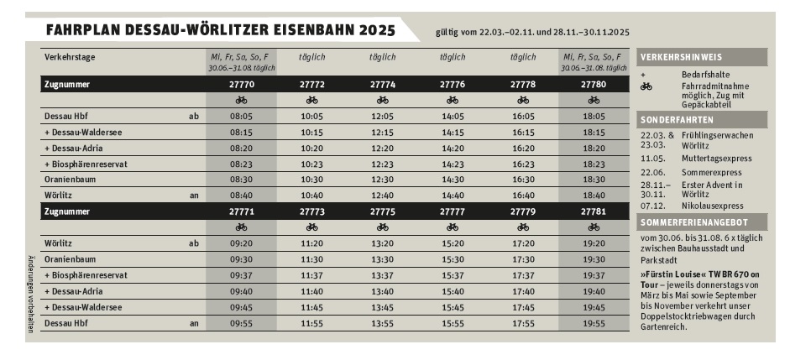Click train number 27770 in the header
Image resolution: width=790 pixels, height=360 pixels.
pyautogui.click(x=241, y=85)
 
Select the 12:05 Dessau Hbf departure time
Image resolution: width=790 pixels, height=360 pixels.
pyautogui.click(x=382, y=116)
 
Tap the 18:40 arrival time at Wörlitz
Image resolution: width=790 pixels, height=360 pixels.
pyautogui.click(x=594, y=196)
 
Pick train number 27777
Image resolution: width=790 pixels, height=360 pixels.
pyautogui.click(x=453, y=211)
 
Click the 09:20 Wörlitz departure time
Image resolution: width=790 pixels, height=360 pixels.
pyautogui.click(x=241, y=243)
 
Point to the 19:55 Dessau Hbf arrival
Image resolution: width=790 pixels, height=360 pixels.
pyautogui.click(x=594, y=323)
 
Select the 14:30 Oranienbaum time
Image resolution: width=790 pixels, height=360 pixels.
pyautogui.click(x=453, y=180)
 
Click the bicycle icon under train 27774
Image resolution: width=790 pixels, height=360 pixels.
pyautogui.click(x=382, y=100)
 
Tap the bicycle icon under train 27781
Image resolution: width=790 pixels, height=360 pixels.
pyautogui.click(x=594, y=227)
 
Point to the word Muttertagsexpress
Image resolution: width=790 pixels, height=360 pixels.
pyautogui.click(x=717, y=158)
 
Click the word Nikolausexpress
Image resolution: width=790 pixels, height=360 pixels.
pyautogui.click(x=714, y=206)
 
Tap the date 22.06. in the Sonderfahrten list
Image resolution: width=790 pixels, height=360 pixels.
pyautogui.click(x=652, y=171)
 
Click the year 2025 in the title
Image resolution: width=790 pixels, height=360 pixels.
pyautogui.click(x=364, y=30)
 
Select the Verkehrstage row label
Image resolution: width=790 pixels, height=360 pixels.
pyautogui.click(x=70, y=56)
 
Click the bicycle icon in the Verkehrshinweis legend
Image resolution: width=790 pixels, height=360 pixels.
pyautogui.click(x=646, y=86)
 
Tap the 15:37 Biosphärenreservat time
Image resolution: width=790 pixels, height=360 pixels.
pyautogui.click(x=453, y=275)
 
